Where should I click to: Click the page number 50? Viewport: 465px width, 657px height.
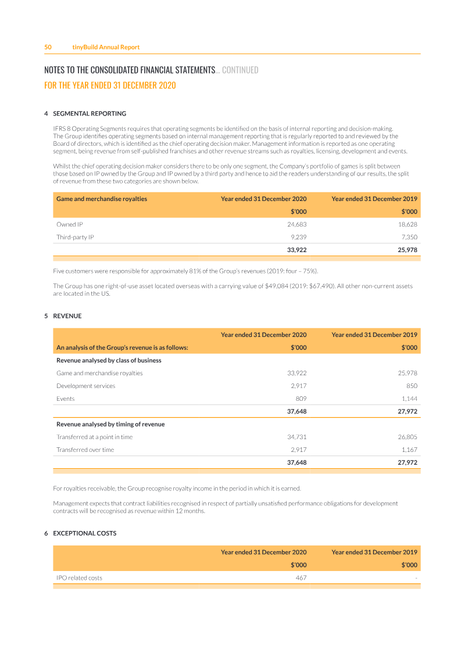pos(48,47)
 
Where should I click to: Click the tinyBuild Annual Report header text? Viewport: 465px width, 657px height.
pos(106,47)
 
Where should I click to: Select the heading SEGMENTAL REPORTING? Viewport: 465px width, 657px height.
pos(90,114)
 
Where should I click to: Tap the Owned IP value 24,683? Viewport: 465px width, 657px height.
pos(297,224)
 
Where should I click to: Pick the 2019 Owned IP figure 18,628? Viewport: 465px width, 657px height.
pos(407,224)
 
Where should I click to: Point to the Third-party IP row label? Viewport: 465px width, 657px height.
pos(75,237)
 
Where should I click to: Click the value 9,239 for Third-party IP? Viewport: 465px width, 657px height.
pos(298,237)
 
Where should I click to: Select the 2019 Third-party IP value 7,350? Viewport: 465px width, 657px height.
pos(409,237)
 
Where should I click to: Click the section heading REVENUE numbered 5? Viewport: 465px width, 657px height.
pos(67,316)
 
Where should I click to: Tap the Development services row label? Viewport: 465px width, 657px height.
pos(85,386)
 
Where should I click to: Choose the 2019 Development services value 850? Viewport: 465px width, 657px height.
pos(412,386)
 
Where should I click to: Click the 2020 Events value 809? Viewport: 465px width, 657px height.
pos(301,398)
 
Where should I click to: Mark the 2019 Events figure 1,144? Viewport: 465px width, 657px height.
pos(409,398)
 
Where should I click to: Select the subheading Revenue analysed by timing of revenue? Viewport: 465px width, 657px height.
pos(110,424)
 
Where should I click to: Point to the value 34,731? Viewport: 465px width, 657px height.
pos(297,437)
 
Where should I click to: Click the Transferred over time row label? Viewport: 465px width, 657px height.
pos(85,450)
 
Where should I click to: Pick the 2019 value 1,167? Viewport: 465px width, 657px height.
pos(409,450)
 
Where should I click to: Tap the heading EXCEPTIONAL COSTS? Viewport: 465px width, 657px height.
pos(85,533)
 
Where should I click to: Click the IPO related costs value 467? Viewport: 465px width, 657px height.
pos(301,577)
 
